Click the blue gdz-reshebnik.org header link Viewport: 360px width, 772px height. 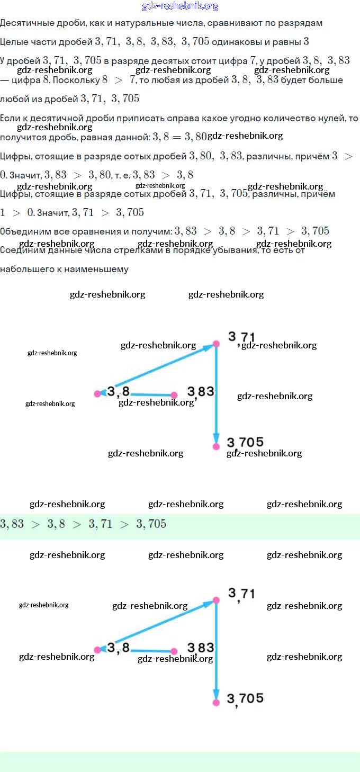pos(180,6)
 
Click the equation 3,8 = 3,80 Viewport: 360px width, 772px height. pos(179,137)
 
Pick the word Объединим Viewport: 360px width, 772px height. pos(24,231)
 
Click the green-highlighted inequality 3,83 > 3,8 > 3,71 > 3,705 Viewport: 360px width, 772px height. pos(83,524)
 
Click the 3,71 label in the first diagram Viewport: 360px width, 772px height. pos(241,337)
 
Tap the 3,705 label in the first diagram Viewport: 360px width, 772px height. pos(245,442)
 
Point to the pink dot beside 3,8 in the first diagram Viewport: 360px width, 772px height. pos(97,394)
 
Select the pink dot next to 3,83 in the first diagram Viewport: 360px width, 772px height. pos(174,395)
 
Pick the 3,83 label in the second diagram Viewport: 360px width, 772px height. pos(201,648)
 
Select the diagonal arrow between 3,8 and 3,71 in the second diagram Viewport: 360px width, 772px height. pos(159,625)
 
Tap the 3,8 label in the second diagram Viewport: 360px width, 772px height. pos(119,648)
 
